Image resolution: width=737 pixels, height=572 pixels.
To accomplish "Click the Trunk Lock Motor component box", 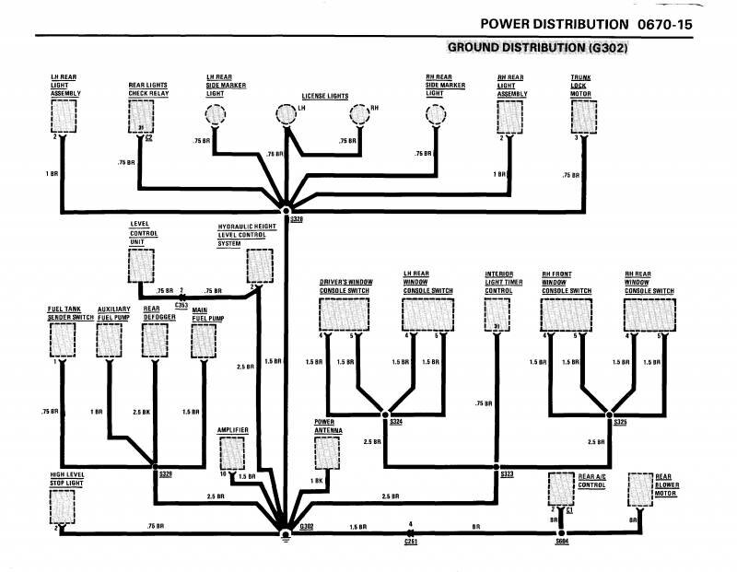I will coord(582,118).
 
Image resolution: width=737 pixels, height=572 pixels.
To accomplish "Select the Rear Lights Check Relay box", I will coord(141,117).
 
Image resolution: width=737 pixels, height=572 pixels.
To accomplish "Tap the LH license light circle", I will coord(287,114).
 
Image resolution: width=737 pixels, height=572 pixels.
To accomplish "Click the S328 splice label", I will coord(297,219).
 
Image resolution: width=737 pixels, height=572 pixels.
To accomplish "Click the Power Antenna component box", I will coord(328,452).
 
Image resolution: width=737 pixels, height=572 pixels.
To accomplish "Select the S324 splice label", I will coord(396,422).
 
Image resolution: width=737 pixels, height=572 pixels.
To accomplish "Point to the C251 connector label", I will coord(410,543).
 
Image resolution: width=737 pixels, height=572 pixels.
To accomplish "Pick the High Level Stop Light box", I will coord(63,504).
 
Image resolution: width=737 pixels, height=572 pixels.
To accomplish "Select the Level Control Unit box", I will coord(141,263).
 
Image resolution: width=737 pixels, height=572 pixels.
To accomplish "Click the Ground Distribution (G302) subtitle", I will coord(537,46).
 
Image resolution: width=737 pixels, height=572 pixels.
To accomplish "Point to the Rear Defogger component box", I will coord(153,338).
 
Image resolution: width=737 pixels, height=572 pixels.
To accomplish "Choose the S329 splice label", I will coord(165,474).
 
